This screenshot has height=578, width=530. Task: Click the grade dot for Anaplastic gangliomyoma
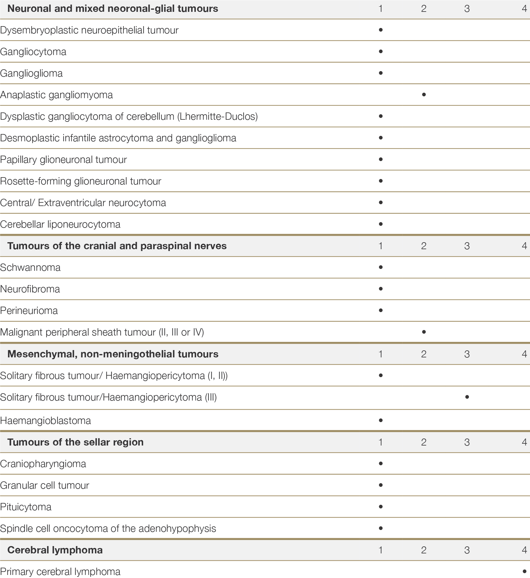(x=424, y=95)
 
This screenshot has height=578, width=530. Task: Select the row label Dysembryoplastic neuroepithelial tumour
(x=89, y=30)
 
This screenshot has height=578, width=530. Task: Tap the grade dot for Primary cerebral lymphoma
(x=524, y=570)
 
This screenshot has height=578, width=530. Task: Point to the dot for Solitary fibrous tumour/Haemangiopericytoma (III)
(x=467, y=397)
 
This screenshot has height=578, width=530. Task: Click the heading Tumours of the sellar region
(x=75, y=442)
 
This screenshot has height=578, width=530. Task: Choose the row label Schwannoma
(x=30, y=267)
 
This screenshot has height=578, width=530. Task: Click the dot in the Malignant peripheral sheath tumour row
(x=424, y=332)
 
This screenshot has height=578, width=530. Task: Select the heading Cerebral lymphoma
(x=55, y=550)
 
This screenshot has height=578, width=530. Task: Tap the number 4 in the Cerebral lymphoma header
(x=524, y=550)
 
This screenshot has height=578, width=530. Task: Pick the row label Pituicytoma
(x=26, y=507)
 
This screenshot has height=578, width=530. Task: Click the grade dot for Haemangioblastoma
(x=380, y=420)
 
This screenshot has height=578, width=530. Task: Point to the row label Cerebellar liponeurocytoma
(x=60, y=224)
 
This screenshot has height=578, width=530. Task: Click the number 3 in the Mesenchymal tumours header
(x=467, y=354)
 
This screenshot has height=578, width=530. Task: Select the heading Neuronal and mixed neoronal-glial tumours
(x=113, y=9)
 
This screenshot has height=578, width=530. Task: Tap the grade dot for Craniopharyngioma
(x=380, y=463)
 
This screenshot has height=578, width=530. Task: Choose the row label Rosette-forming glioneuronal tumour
(x=81, y=181)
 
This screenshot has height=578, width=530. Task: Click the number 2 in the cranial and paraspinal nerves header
(x=424, y=246)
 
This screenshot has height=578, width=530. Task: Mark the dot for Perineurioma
(x=380, y=310)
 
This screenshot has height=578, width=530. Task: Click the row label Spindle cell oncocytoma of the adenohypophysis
(x=108, y=528)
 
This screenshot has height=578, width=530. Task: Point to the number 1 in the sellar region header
(x=380, y=442)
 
